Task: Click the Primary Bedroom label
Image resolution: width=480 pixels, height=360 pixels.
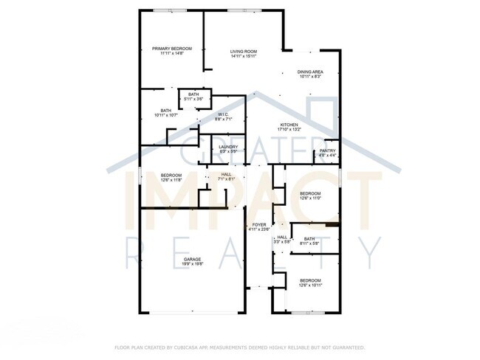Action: [171, 49]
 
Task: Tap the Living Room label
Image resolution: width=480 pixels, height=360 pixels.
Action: [243, 51]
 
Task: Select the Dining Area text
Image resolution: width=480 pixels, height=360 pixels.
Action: [310, 72]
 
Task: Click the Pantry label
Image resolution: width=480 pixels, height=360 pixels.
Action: [328, 150]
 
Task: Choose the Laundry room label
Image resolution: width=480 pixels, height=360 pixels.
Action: [228, 146]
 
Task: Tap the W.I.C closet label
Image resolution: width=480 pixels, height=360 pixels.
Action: [222, 114]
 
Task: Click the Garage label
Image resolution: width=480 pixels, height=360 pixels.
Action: [193, 259]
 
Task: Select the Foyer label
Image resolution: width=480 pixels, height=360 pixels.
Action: [258, 224]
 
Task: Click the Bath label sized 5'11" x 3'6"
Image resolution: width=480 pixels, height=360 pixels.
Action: [193, 94]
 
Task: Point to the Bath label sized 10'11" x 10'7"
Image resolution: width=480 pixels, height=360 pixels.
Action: [162, 111]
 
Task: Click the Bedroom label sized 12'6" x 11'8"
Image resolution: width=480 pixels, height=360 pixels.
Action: [171, 175]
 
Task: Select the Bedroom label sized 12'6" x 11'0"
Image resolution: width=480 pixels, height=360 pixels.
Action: [310, 193]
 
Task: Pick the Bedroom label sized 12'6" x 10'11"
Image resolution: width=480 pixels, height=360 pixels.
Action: [310, 280]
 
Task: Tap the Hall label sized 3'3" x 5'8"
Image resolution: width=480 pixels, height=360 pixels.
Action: [281, 237]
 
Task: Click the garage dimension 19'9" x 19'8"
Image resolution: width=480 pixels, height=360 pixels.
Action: [193, 264]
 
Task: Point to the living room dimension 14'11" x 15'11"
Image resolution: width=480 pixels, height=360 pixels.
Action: [243, 56]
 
